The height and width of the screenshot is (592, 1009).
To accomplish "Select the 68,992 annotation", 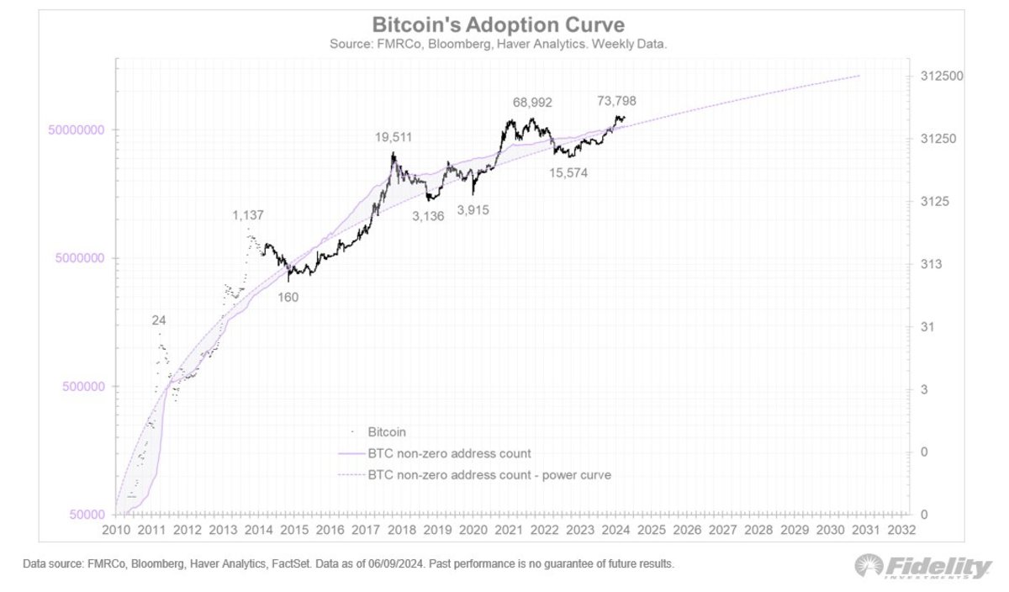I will tap(532, 102).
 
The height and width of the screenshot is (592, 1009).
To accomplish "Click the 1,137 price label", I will tap(248, 216).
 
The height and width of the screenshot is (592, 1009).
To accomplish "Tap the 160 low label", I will tap(288, 297).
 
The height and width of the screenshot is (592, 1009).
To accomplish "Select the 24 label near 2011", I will tap(159, 320).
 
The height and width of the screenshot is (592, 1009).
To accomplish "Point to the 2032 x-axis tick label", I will tap(901, 530).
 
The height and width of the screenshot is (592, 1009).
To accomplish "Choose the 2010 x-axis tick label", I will tap(115, 530).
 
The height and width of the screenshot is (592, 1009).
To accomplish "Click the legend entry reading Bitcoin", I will tap(387, 432).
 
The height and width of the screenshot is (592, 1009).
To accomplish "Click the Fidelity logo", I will tap(922, 568).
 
